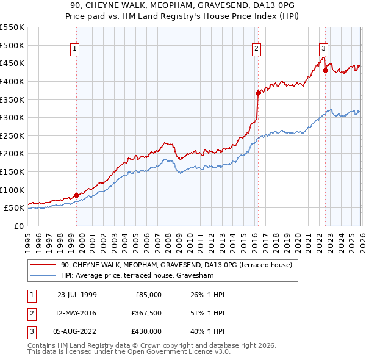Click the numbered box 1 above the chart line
point(74,49)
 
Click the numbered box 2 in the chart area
point(256,49)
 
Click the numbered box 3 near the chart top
point(323,49)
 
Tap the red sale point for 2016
point(258,93)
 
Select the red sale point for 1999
point(77,195)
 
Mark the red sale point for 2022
point(325,70)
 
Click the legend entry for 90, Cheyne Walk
point(177,265)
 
